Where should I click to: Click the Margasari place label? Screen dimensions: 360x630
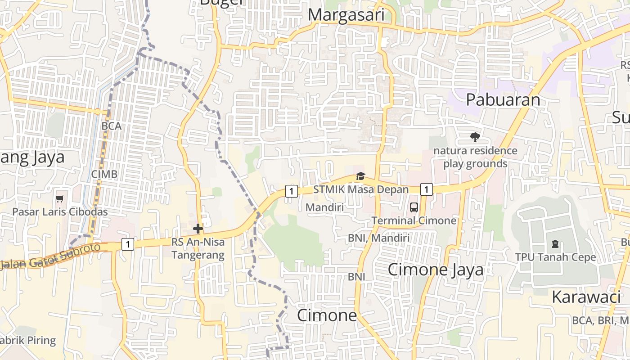tap(346, 15)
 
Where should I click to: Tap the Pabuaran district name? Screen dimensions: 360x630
tap(503, 99)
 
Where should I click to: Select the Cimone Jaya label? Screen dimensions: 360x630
tap(435, 270)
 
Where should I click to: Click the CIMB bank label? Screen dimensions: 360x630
tap(104, 174)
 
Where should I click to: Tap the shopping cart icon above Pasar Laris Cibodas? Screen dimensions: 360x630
tap(60, 198)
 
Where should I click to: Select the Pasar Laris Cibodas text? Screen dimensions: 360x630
tap(60, 212)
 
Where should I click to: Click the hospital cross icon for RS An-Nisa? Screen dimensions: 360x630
tap(198, 229)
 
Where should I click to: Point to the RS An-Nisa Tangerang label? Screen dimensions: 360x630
tap(198, 248)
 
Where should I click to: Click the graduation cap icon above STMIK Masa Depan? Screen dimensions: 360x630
tap(360, 176)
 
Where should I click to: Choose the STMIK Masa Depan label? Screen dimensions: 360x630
tap(360, 189)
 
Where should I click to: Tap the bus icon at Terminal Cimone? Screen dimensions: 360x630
tap(414, 207)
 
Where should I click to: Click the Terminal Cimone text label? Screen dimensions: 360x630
tap(414, 220)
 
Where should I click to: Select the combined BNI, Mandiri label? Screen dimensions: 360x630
tap(378, 238)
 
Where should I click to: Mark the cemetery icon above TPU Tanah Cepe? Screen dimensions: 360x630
tap(555, 244)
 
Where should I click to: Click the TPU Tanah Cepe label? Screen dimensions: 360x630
tap(555, 257)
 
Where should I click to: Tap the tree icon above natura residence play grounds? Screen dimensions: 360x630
tap(475, 137)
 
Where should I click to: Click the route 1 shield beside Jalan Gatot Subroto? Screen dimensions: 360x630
tap(128, 244)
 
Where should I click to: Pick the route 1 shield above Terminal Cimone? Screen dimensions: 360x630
tap(426, 189)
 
